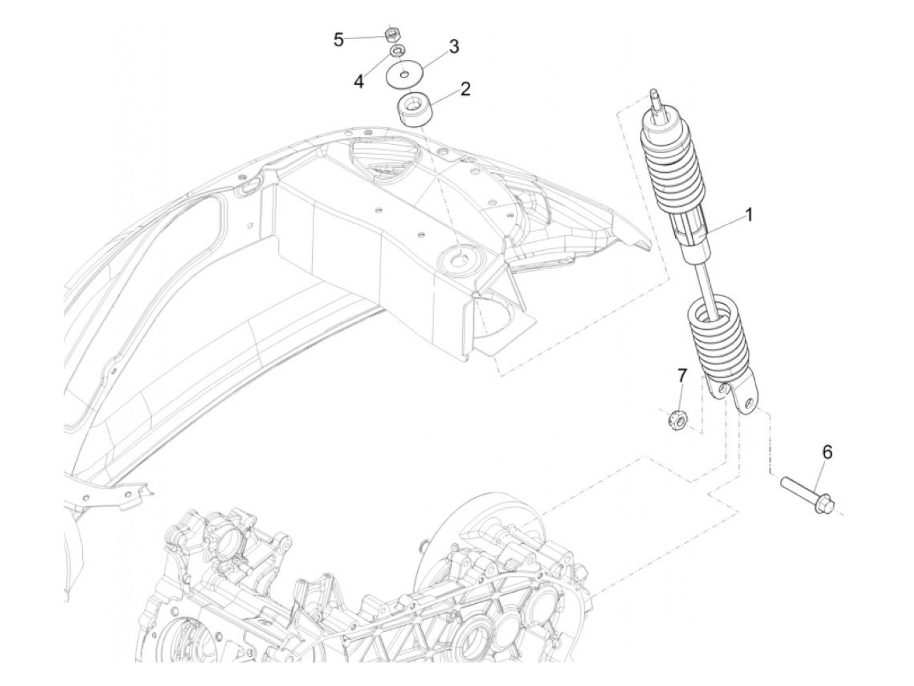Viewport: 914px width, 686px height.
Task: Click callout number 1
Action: point(749,214)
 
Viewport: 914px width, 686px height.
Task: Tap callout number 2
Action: point(465,89)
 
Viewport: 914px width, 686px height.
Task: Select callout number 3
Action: point(453,47)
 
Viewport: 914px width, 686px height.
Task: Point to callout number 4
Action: point(358,82)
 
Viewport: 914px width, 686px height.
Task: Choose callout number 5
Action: point(338,40)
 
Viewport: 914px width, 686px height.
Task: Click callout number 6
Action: point(827,451)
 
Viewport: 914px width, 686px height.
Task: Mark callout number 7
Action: point(682,375)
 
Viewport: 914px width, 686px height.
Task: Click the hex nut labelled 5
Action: point(393,32)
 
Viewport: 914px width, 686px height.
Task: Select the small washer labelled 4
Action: point(396,51)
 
